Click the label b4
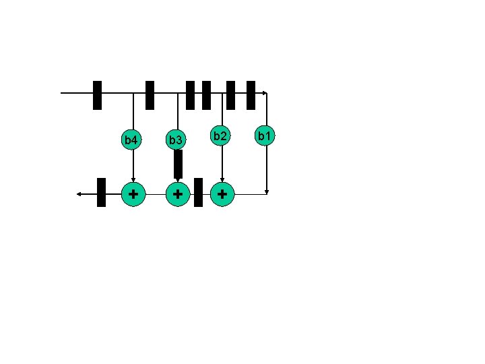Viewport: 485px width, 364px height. (x=131, y=140)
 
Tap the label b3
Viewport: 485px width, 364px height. (x=176, y=140)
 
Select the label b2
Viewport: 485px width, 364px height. (x=220, y=136)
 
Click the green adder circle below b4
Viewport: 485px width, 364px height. (x=133, y=193)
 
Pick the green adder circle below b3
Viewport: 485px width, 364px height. (x=177, y=193)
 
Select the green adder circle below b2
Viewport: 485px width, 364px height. (x=222, y=193)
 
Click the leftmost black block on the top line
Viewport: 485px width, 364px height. (x=97, y=95)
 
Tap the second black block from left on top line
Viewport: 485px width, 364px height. (x=150, y=95)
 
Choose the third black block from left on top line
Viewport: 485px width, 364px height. (x=191, y=95)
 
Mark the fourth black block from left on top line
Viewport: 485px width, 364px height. (x=206, y=95)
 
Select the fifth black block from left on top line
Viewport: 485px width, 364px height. (x=230, y=95)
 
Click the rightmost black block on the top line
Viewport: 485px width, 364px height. (x=251, y=95)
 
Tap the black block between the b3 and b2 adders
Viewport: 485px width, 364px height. (x=198, y=192)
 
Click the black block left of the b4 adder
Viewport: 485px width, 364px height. (x=101, y=192)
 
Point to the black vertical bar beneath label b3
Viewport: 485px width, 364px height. (x=178, y=164)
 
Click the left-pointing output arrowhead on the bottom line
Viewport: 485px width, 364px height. (x=79, y=194)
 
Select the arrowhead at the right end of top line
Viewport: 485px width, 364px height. (x=265, y=92)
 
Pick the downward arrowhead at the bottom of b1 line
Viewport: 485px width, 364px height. (x=267, y=191)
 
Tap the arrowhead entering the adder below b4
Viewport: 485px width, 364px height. (x=133, y=179)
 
